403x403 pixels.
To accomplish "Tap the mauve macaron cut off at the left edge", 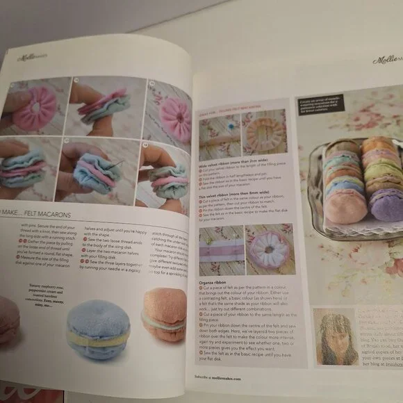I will click(x=8, y=320).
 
